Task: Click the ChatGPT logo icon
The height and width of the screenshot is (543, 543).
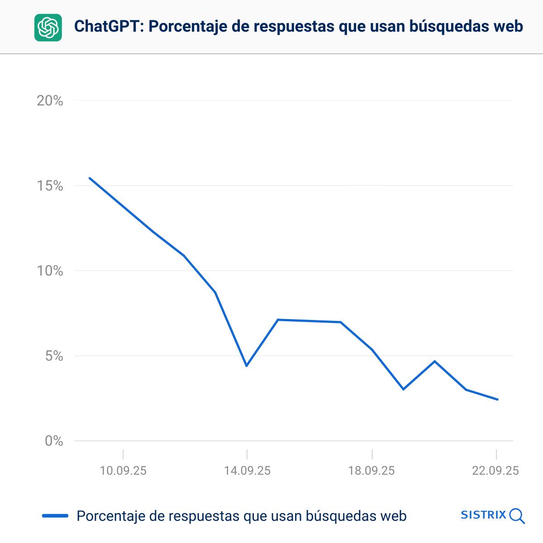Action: pos(48,28)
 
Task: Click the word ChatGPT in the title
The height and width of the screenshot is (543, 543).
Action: pos(108,26)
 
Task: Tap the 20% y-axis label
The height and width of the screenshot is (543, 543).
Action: pos(50,101)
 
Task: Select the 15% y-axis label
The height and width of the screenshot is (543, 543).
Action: pos(50,186)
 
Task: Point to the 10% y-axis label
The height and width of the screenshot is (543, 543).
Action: pos(50,271)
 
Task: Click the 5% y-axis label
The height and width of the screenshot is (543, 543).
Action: pos(54,356)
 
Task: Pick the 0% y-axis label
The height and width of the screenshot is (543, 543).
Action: pos(54,441)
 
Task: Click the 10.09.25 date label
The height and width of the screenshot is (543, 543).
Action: pos(123,471)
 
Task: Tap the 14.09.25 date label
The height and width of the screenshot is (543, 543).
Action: pos(247,471)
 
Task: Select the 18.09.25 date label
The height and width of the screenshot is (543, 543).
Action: pos(372,471)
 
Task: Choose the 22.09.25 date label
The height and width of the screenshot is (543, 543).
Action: pos(495,471)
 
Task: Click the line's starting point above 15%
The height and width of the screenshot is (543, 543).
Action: pos(90,178)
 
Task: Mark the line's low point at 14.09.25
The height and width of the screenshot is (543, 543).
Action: pos(247,366)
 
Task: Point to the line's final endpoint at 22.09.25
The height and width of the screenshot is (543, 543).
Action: pos(497,400)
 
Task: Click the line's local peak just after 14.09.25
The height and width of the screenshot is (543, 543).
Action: pos(278,320)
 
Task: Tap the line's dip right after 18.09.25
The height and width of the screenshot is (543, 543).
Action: pos(403,389)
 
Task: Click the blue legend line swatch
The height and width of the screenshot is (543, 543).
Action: pos(55,516)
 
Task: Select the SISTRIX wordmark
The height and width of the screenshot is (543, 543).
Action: pos(483,515)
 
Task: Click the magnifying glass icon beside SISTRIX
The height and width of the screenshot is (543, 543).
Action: pos(517,516)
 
